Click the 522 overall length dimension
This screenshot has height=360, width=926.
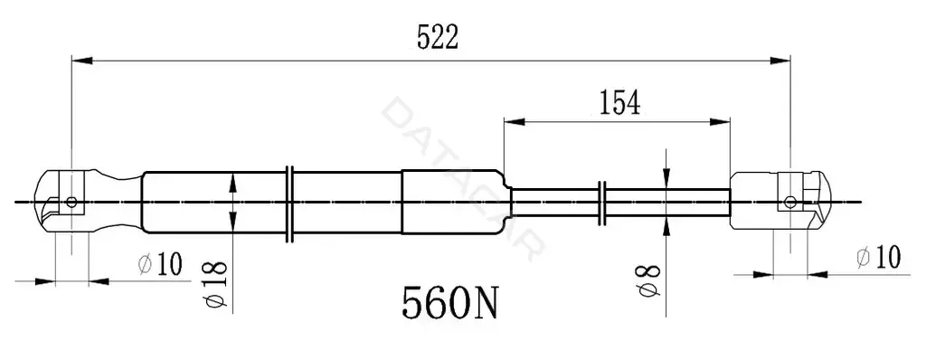pyautogui.click(x=438, y=38)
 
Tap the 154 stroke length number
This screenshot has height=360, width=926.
pyautogui.click(x=620, y=102)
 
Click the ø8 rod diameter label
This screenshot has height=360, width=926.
pyautogui.click(x=650, y=280)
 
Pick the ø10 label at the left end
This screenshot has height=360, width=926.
pyautogui.click(x=161, y=263)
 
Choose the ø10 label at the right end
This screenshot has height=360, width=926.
pyautogui.click(x=878, y=258)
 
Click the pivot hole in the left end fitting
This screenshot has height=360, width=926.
pyautogui.click(x=71, y=202)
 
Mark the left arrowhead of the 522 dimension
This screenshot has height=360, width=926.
pyautogui.click(x=82, y=61)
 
